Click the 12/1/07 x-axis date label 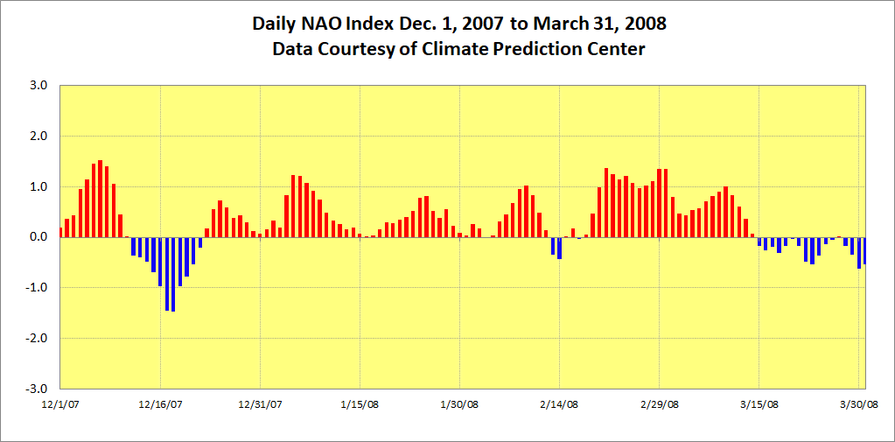pos(60,404)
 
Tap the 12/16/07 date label pos(161,404)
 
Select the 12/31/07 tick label pos(261,404)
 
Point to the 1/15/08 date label pos(360,404)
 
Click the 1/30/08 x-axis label pos(460,404)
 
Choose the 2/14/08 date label pos(560,404)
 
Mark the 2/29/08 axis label pos(660,404)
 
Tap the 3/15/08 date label pos(759,404)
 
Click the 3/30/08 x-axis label pos(859,404)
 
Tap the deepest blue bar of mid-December pos(173,274)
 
